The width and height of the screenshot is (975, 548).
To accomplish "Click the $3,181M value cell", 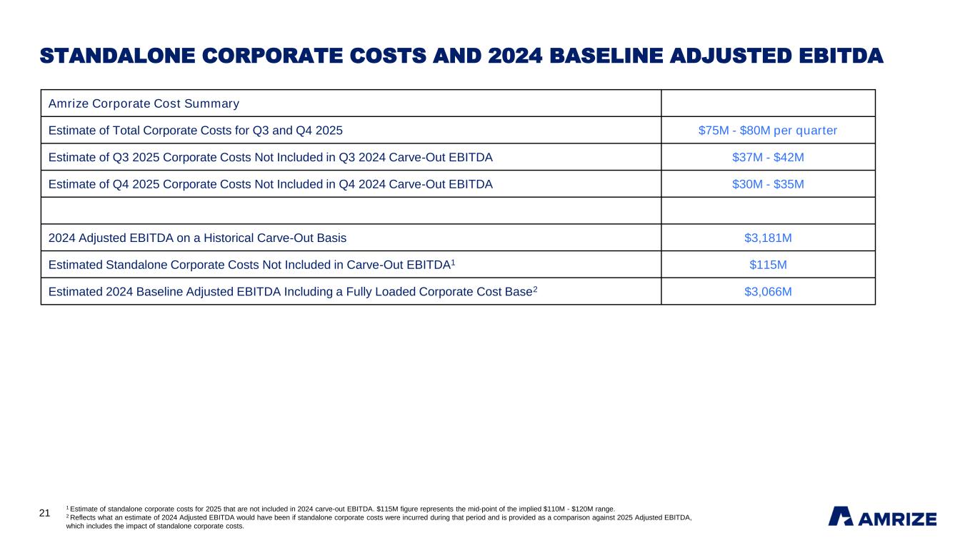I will tap(768, 238).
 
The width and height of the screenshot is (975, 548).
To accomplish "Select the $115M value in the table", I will tap(768, 265).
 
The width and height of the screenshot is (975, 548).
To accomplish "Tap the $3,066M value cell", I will tap(768, 291).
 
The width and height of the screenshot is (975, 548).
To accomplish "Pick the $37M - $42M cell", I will tap(768, 157).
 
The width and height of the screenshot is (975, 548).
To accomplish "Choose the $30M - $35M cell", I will tap(768, 184).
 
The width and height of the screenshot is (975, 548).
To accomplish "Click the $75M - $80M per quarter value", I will tap(768, 131).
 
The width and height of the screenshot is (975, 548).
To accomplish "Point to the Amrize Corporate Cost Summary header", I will tap(144, 103).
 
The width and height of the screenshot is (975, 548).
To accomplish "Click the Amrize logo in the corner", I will tap(882, 517).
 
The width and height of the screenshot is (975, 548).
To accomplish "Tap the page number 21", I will tap(44, 513).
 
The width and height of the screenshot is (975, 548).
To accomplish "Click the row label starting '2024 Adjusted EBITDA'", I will tap(198, 238).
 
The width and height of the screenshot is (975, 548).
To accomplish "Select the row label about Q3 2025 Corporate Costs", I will tap(270, 157).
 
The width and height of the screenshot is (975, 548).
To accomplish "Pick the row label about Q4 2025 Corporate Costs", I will tap(270, 184).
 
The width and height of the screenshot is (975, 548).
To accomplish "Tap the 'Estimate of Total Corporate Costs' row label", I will tap(195, 131).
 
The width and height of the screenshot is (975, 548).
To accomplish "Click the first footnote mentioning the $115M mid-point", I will tap(340, 509).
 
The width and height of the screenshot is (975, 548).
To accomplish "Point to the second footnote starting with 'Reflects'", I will tap(379, 517).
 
